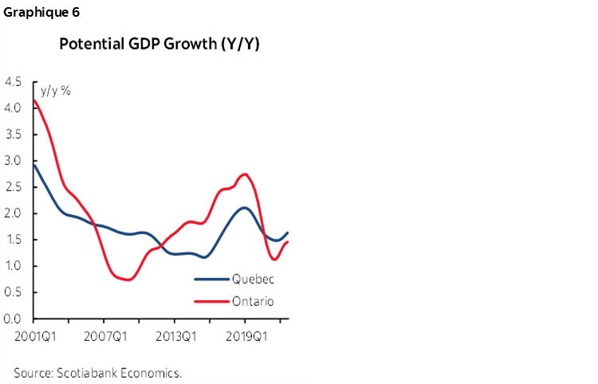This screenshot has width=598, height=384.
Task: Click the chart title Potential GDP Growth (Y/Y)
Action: (x=159, y=44)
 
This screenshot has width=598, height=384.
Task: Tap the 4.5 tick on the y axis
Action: (x=14, y=81)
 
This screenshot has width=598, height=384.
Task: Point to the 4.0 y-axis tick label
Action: (x=14, y=108)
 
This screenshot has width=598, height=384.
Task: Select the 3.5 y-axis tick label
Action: (x=14, y=134)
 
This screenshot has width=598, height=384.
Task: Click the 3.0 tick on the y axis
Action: (x=14, y=160)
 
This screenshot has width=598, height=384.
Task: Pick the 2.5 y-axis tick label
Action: (x=14, y=186)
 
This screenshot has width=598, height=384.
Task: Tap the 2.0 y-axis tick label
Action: (x=14, y=213)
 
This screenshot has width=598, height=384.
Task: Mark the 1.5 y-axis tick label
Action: (x=14, y=240)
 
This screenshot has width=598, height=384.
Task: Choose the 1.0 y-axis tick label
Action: (x=14, y=266)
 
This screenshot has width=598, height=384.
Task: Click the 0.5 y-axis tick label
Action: (x=14, y=292)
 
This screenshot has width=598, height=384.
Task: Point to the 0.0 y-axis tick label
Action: (x=14, y=319)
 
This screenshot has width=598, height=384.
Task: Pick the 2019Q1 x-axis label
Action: (x=247, y=335)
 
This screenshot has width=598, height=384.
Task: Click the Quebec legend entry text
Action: (x=253, y=280)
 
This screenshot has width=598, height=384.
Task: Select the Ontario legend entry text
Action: (x=253, y=301)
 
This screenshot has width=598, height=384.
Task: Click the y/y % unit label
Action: (x=56, y=91)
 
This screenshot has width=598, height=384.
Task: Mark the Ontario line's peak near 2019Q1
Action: (x=246, y=174)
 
